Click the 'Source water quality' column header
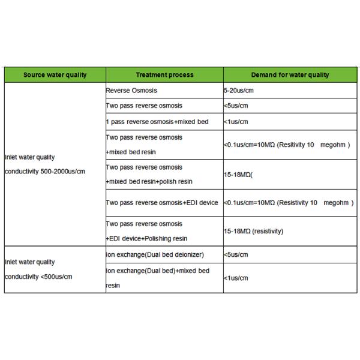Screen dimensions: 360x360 [55, 75]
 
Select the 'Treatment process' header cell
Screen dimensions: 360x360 [164, 75]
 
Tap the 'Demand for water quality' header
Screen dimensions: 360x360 [290, 75]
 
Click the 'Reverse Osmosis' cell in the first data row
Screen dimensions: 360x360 [131, 91]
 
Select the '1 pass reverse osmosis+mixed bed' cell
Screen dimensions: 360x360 [157, 122]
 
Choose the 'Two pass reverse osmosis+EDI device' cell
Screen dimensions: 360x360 [162, 203]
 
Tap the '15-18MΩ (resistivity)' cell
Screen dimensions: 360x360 [253, 231]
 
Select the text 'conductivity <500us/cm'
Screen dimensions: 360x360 [38, 277]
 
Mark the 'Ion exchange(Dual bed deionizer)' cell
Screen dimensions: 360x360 [155, 254]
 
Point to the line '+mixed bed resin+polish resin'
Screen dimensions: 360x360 [149, 181]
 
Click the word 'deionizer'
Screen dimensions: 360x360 [187, 254]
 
